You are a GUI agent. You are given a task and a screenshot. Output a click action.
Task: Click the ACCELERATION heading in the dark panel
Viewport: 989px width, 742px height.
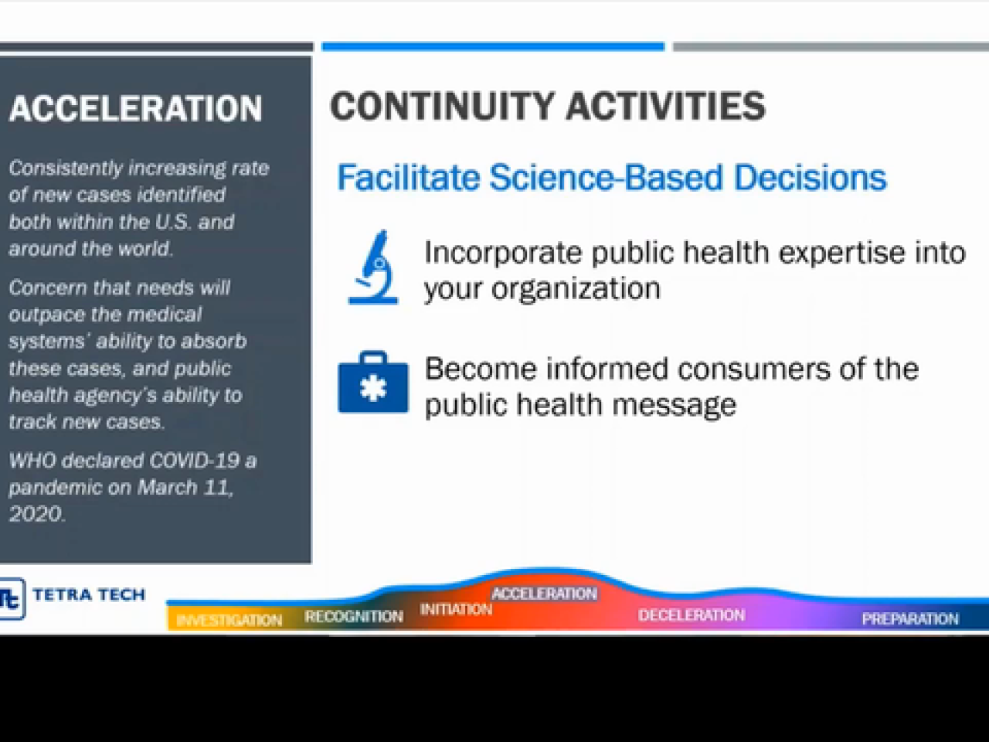[x=135, y=108]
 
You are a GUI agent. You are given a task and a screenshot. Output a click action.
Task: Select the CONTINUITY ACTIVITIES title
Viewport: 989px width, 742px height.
[x=548, y=106]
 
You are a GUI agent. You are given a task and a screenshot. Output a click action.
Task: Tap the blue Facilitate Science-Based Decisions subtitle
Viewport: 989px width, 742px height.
[x=611, y=178]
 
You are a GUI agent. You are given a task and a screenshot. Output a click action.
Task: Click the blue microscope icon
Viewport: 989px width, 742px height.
[x=373, y=267]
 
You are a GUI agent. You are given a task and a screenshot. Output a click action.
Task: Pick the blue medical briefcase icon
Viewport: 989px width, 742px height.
[x=373, y=382]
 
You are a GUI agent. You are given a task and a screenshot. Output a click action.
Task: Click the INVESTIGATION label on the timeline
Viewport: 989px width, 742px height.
[x=229, y=621]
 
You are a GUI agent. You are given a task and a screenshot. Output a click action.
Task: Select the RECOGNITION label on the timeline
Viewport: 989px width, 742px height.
[x=354, y=616]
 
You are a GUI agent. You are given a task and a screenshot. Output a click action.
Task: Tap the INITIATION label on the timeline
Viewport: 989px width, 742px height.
[x=456, y=610]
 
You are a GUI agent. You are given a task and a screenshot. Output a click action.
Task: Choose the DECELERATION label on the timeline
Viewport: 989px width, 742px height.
[x=692, y=615]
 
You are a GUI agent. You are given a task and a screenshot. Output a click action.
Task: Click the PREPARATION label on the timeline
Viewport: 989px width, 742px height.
[x=910, y=619]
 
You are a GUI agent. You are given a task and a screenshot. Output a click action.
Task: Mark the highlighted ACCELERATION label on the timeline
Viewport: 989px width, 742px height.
[x=544, y=594]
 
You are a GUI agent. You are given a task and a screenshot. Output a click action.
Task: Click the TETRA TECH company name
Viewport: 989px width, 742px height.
[x=89, y=594]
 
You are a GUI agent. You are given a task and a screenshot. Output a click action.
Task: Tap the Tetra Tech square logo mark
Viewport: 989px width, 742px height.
[x=12, y=598]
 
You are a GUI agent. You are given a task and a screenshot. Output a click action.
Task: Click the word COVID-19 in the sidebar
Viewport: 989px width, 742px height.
[x=194, y=461]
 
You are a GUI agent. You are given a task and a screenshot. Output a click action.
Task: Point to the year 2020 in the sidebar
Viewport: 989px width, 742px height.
[x=36, y=514]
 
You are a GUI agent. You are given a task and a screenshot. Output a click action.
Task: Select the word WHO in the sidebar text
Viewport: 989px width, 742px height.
[x=32, y=461]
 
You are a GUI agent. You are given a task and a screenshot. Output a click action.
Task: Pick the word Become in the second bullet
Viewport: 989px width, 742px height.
[x=481, y=369]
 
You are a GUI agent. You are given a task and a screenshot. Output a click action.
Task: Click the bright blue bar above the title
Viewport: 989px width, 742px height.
[x=493, y=46]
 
